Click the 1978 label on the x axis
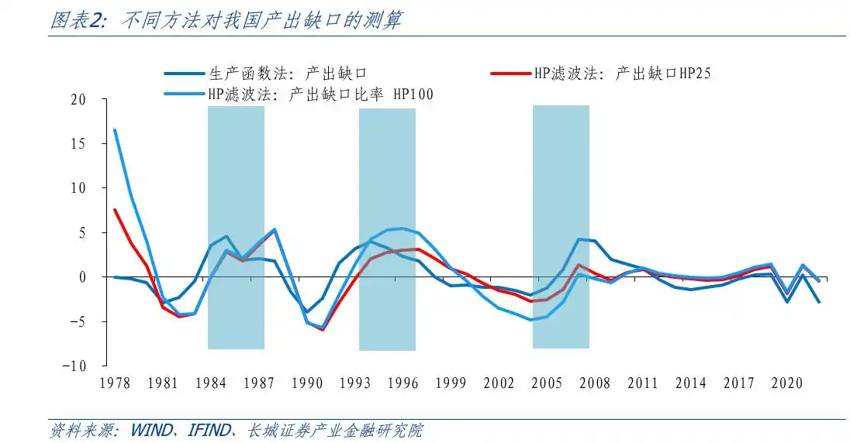click(x=116, y=383)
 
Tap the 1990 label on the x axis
click(x=309, y=383)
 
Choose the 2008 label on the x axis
click(x=595, y=383)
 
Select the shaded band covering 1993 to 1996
click(x=387, y=229)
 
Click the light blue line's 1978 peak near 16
click(x=116, y=130)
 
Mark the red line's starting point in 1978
click(x=116, y=210)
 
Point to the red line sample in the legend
click(x=510, y=74)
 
